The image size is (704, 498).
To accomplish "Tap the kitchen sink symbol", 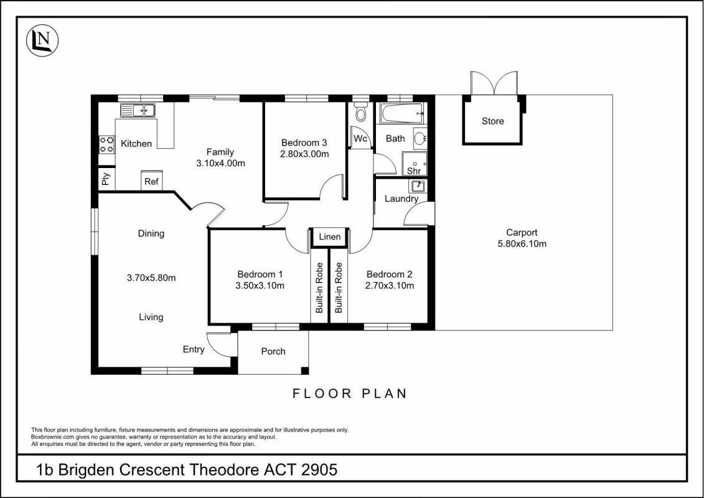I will pos(138,111).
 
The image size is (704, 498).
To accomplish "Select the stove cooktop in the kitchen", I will pos(106,145).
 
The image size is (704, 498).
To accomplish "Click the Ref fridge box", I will pos(151,181).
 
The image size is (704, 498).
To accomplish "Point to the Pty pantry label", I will pos(106,179).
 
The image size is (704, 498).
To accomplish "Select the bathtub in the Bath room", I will pos(402,114).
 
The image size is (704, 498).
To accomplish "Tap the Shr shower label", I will pos(414,171).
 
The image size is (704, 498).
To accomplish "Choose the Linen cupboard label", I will pos(329,237).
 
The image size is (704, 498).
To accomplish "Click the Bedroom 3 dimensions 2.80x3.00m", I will pos(304,154).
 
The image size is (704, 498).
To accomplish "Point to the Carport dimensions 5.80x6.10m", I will pos(522,243).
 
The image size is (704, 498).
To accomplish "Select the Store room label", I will pos(492,121).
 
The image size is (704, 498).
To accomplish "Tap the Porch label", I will pos(273,351).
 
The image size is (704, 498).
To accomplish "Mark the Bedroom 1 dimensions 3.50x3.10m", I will pos(261,286).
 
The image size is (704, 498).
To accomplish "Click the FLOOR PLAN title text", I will pos(350,393).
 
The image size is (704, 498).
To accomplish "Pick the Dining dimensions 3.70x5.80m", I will pos(151,278).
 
